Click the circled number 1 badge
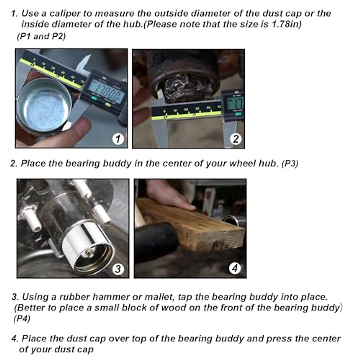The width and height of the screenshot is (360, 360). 118,139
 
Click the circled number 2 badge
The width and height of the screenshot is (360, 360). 236,139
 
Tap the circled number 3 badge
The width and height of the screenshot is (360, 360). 118,269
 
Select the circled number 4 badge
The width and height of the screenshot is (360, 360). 235,268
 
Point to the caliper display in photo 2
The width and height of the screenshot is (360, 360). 235,104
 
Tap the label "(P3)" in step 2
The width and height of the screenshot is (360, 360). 290,164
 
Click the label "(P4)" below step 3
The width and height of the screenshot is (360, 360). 22,319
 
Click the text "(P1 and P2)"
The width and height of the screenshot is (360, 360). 41,36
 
